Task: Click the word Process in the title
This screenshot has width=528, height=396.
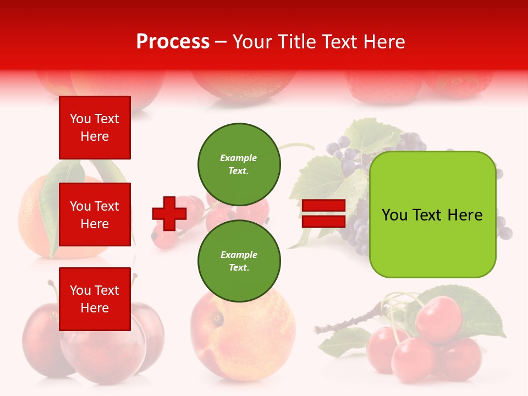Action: [173, 42]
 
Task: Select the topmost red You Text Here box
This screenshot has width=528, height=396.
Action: [95, 128]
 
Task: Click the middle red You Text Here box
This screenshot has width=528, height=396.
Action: [95, 215]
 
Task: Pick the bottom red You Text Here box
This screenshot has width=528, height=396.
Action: [95, 299]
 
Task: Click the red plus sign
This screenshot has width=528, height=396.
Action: [169, 213]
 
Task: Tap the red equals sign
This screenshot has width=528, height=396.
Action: [323, 213]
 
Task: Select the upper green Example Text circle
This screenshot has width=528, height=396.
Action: [239, 164]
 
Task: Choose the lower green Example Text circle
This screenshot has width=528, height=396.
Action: [239, 261]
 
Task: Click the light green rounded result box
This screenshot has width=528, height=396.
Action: [432, 215]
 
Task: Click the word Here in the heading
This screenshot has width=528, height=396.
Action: [383, 42]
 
